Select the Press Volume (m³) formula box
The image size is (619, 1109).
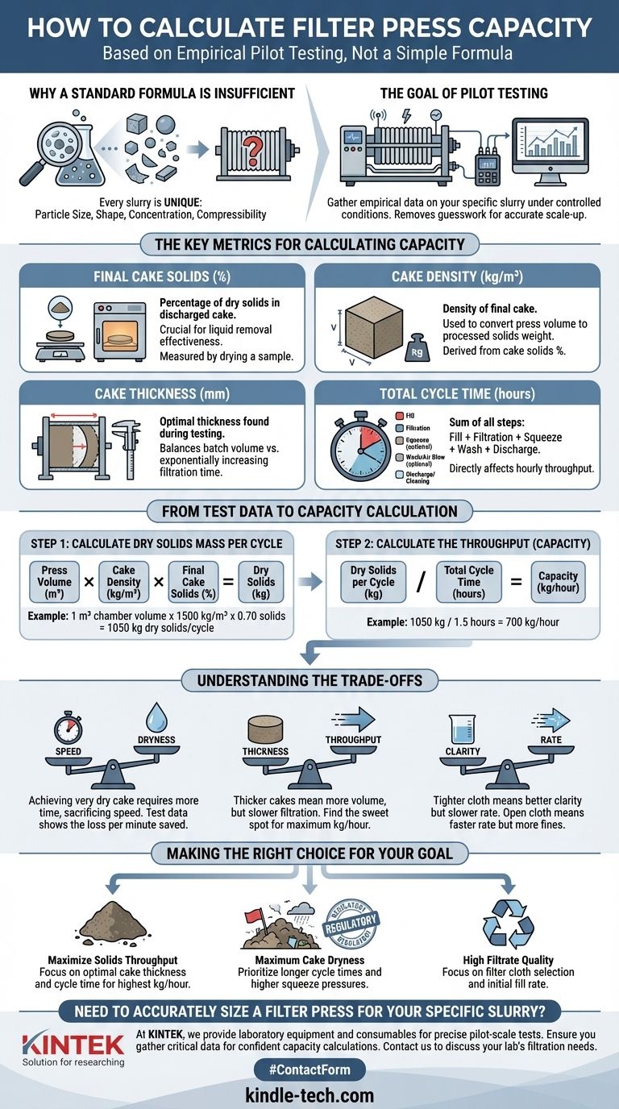click(x=54, y=582)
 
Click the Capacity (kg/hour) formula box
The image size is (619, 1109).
click(x=558, y=582)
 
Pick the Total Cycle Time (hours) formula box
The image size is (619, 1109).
click(x=469, y=582)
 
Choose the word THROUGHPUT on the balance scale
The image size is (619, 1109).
click(x=352, y=740)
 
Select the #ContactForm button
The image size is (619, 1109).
click(x=309, y=1070)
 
